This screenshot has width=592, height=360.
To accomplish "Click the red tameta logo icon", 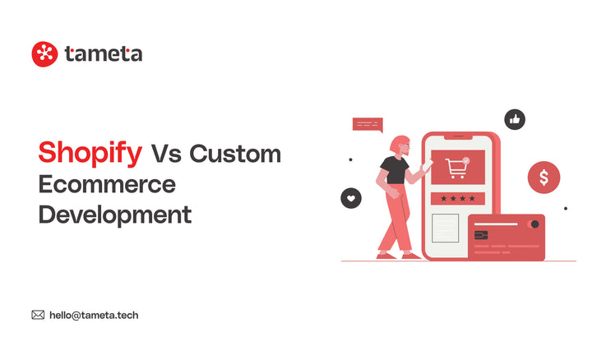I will [x=44, y=54].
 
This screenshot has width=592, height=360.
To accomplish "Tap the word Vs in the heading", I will [x=165, y=153].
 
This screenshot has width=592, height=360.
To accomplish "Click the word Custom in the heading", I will [x=235, y=153].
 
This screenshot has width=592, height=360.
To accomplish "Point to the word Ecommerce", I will [x=107, y=183].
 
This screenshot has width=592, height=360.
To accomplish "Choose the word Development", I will [x=115, y=215].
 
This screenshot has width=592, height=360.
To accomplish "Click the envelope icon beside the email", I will [x=38, y=315].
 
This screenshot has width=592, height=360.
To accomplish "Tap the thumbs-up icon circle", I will [x=515, y=120].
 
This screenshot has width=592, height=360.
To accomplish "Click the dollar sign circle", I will [x=543, y=177].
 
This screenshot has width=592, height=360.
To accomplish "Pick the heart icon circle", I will [x=351, y=198].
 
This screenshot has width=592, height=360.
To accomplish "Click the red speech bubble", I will [x=368, y=124].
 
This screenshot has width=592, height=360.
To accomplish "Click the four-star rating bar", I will [x=458, y=199].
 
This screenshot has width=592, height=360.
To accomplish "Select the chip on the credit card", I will [x=481, y=235].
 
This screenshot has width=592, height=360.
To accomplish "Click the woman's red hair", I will [x=399, y=144].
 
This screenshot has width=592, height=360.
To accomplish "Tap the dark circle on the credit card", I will [x=534, y=224].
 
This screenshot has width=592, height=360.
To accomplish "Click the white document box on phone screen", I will [x=446, y=228].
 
